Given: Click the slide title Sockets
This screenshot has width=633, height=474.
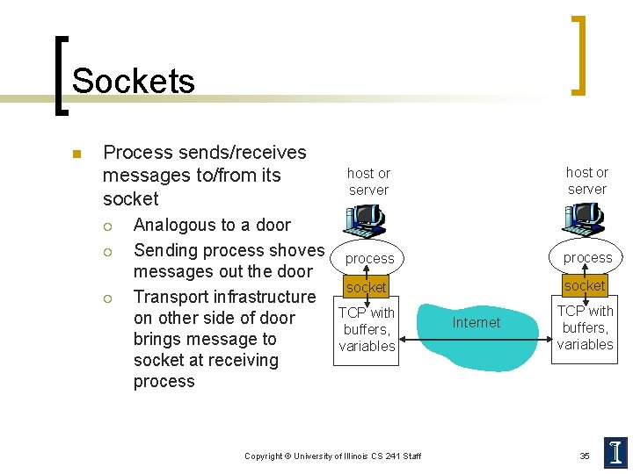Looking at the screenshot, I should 133,81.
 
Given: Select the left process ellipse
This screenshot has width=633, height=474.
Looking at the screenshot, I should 368,259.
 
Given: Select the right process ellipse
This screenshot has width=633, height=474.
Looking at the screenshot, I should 587,257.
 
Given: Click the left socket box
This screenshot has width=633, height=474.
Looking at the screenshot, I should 366,287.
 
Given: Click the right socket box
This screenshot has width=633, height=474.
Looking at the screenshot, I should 585,285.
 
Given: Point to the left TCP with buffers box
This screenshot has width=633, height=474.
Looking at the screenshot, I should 367,330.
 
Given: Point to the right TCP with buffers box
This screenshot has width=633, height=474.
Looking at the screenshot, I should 585,328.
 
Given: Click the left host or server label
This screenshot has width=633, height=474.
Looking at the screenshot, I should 368,182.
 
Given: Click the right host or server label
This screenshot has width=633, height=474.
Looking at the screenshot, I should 587,181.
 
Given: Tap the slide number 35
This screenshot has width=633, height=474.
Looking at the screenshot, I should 585,456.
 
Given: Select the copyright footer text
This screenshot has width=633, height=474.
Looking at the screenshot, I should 332,456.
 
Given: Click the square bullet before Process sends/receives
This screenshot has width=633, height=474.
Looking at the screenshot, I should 76,154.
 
